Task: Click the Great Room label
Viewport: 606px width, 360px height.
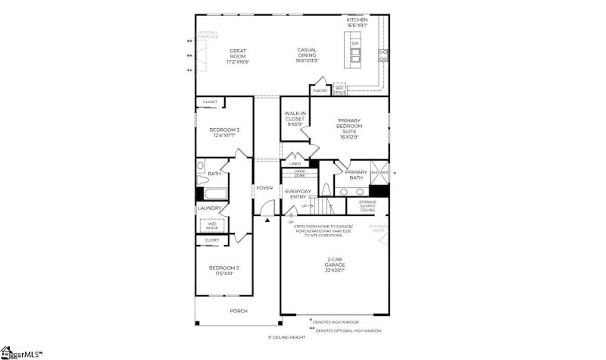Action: [x=238, y=56]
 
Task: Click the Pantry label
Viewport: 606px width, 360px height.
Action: [x=320, y=91]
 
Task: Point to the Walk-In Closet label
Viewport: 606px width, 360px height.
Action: [x=295, y=118]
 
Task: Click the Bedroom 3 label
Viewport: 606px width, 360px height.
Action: [x=224, y=132]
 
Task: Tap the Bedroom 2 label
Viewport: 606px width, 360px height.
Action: [x=224, y=270]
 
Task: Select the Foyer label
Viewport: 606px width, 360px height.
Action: [x=264, y=188]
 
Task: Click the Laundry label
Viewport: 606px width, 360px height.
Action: [x=209, y=208]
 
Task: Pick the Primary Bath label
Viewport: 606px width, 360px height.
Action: [x=355, y=175]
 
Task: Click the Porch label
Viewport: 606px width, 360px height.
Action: [x=239, y=311]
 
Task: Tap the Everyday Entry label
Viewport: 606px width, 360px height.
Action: [x=298, y=194]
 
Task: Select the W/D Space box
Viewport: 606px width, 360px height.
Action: [x=210, y=224]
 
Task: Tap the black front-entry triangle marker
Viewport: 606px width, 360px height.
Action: [x=267, y=221]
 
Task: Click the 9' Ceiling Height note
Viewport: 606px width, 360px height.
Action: [x=286, y=337]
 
